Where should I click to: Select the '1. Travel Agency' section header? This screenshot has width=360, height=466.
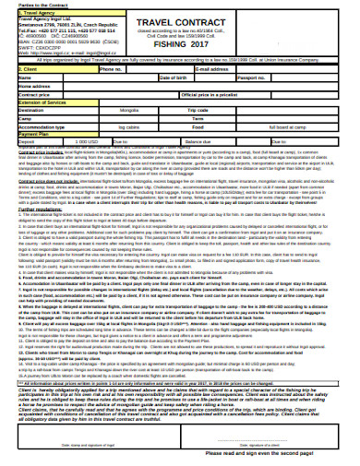click(x=38, y=14)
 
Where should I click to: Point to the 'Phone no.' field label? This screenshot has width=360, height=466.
click(x=110, y=68)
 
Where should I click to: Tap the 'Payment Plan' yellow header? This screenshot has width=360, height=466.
click(x=36, y=132)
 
